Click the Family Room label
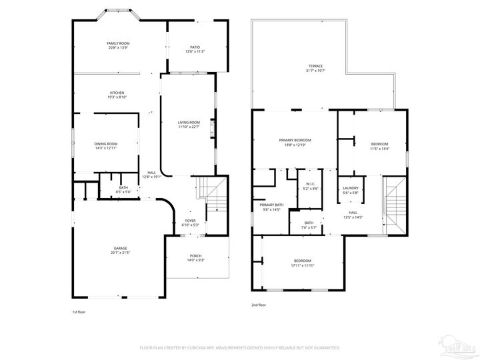(117, 45)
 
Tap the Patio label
(195, 49)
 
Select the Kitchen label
(117, 95)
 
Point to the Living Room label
(189, 125)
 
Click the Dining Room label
(106, 145)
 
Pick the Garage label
(120, 250)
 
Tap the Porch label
(195, 257)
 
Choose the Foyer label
(191, 222)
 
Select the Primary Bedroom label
(295, 142)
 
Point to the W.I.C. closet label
(311, 186)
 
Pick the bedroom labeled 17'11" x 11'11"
(303, 263)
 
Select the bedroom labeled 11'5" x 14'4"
(379, 146)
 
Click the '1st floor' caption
(79, 311)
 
